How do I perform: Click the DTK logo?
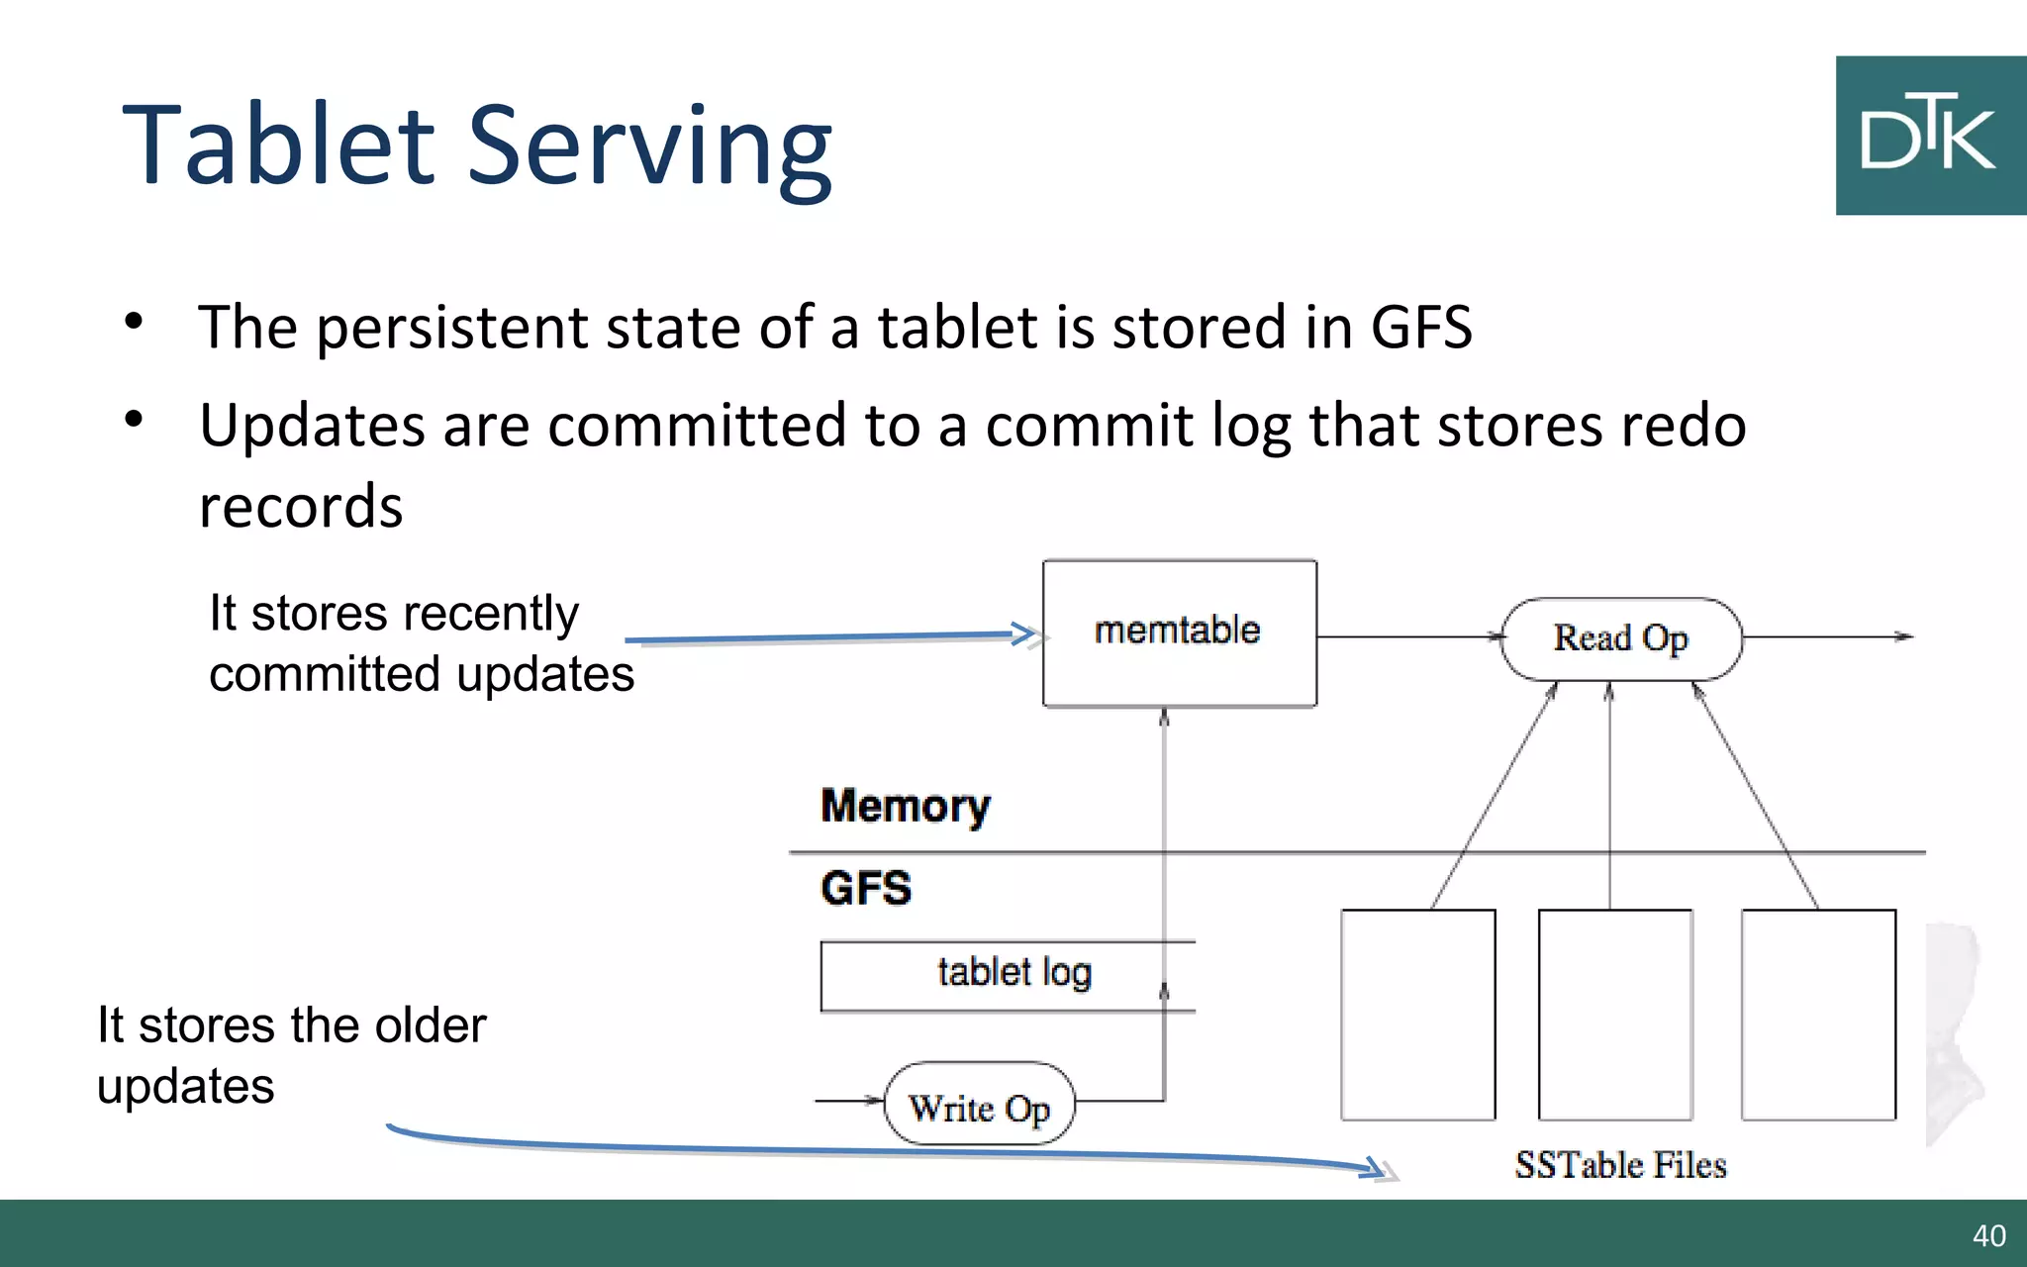tap(1930, 136)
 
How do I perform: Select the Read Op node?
tap(1620, 638)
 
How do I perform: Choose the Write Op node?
tap(978, 1105)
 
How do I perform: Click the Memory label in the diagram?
tap(905, 806)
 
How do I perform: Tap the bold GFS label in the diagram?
tap(865, 888)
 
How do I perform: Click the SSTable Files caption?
tap(1620, 1165)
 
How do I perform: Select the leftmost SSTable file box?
tap(1417, 1015)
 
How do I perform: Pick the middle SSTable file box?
tap(1615, 1015)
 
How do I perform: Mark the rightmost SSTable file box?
tap(1818, 1015)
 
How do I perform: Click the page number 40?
tap(1988, 1235)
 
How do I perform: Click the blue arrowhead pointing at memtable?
tap(1023, 633)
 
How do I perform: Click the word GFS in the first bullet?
tap(1420, 328)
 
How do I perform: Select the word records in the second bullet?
tap(301, 507)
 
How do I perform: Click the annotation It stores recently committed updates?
tap(420, 643)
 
